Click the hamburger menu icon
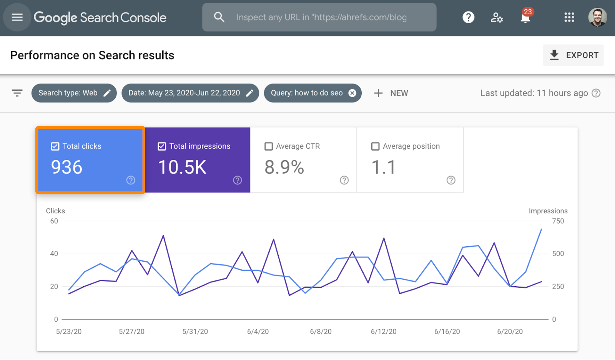[17, 17]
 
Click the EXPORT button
[573, 55]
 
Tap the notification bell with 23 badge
[525, 17]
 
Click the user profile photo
[597, 17]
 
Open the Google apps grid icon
[569, 17]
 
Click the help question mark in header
[468, 17]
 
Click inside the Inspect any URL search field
[321, 17]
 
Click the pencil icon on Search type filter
[107, 93]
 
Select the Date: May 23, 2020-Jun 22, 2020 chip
[184, 93]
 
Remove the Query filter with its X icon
[352, 93]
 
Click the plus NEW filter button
[391, 93]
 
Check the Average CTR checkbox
[269, 146]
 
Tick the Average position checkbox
[375, 146]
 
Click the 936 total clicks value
[67, 167]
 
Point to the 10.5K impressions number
[182, 167]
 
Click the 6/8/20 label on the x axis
[321, 332]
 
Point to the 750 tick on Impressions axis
[558, 221]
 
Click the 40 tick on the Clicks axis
[54, 254]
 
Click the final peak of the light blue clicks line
[541, 229]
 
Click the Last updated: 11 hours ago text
[534, 93]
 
